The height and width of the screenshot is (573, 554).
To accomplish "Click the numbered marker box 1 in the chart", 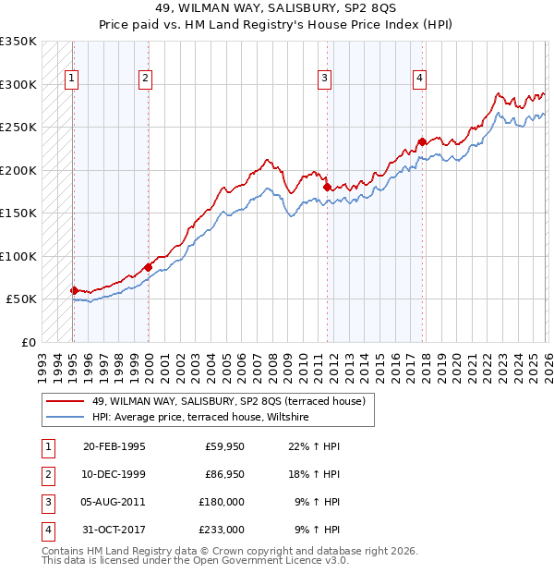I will [x=72, y=79].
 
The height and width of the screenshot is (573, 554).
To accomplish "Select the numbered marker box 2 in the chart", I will [x=146, y=79].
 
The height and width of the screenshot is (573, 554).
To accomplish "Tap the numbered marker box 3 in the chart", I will [x=325, y=79].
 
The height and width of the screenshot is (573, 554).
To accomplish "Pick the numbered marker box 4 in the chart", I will [x=419, y=79].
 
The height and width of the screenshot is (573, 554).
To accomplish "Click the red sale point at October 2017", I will [x=422, y=141].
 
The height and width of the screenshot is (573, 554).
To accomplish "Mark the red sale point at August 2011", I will [x=327, y=187].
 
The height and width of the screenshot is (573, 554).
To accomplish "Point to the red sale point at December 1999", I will [x=148, y=267].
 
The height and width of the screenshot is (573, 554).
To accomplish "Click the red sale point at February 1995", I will [x=74, y=290].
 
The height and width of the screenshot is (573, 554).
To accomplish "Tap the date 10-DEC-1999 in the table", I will [x=114, y=475].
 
